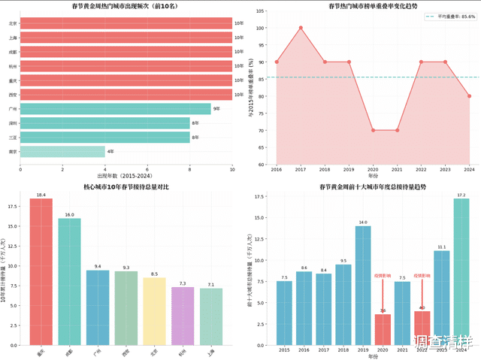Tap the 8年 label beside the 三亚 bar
(195, 137)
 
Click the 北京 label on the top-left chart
(13, 23)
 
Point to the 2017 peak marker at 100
(301, 28)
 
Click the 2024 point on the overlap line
(469, 96)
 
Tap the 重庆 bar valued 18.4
(41, 271)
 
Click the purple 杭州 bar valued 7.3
(183, 315)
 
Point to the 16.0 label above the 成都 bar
(69, 215)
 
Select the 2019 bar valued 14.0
(363, 285)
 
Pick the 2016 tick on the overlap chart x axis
(277, 171)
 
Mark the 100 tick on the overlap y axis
(261, 29)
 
